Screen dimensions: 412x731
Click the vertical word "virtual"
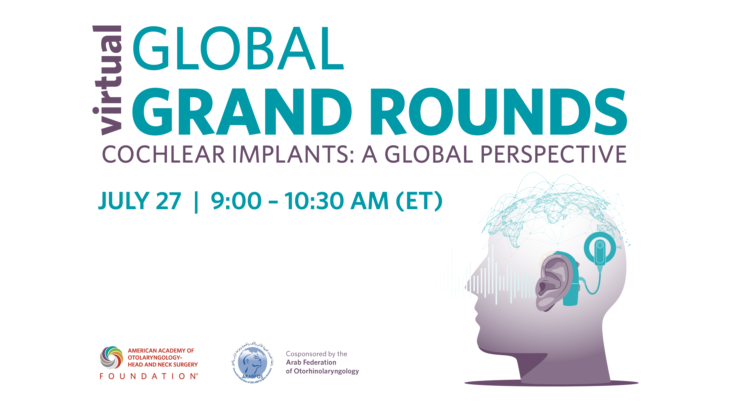107,80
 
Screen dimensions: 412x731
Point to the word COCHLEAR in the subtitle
164,155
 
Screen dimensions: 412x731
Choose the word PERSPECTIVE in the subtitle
553,155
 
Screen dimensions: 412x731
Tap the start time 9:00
236,201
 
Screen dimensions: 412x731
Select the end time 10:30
314,201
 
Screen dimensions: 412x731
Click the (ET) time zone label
419,201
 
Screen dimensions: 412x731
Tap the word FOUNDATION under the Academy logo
148,376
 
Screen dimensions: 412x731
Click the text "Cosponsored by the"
317,354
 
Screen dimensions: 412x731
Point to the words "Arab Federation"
311,362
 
